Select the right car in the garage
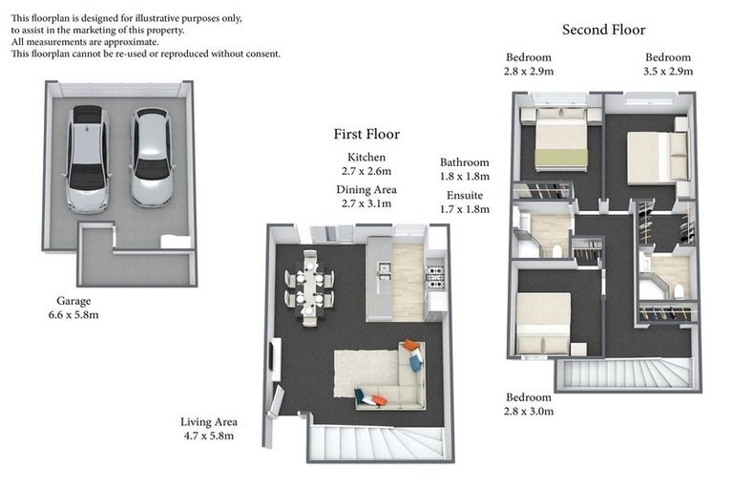pyautogui.click(x=151, y=157)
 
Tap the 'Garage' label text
pyautogui.click(x=73, y=300)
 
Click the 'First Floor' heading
pyautogui.click(x=366, y=135)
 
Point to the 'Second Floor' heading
pyautogui.click(x=603, y=30)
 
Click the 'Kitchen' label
pyautogui.click(x=366, y=157)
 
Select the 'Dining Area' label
pyautogui.click(x=366, y=189)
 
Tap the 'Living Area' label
pyautogui.click(x=209, y=421)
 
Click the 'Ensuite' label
pyautogui.click(x=464, y=194)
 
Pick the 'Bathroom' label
pyautogui.click(x=464, y=162)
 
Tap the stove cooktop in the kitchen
pyautogui.click(x=434, y=278)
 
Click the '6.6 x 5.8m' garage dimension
pyautogui.click(x=73, y=314)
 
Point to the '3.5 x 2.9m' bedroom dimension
pyautogui.click(x=668, y=71)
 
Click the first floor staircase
pyautogui.click(x=375, y=442)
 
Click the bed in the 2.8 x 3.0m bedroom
pyautogui.click(x=543, y=322)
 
